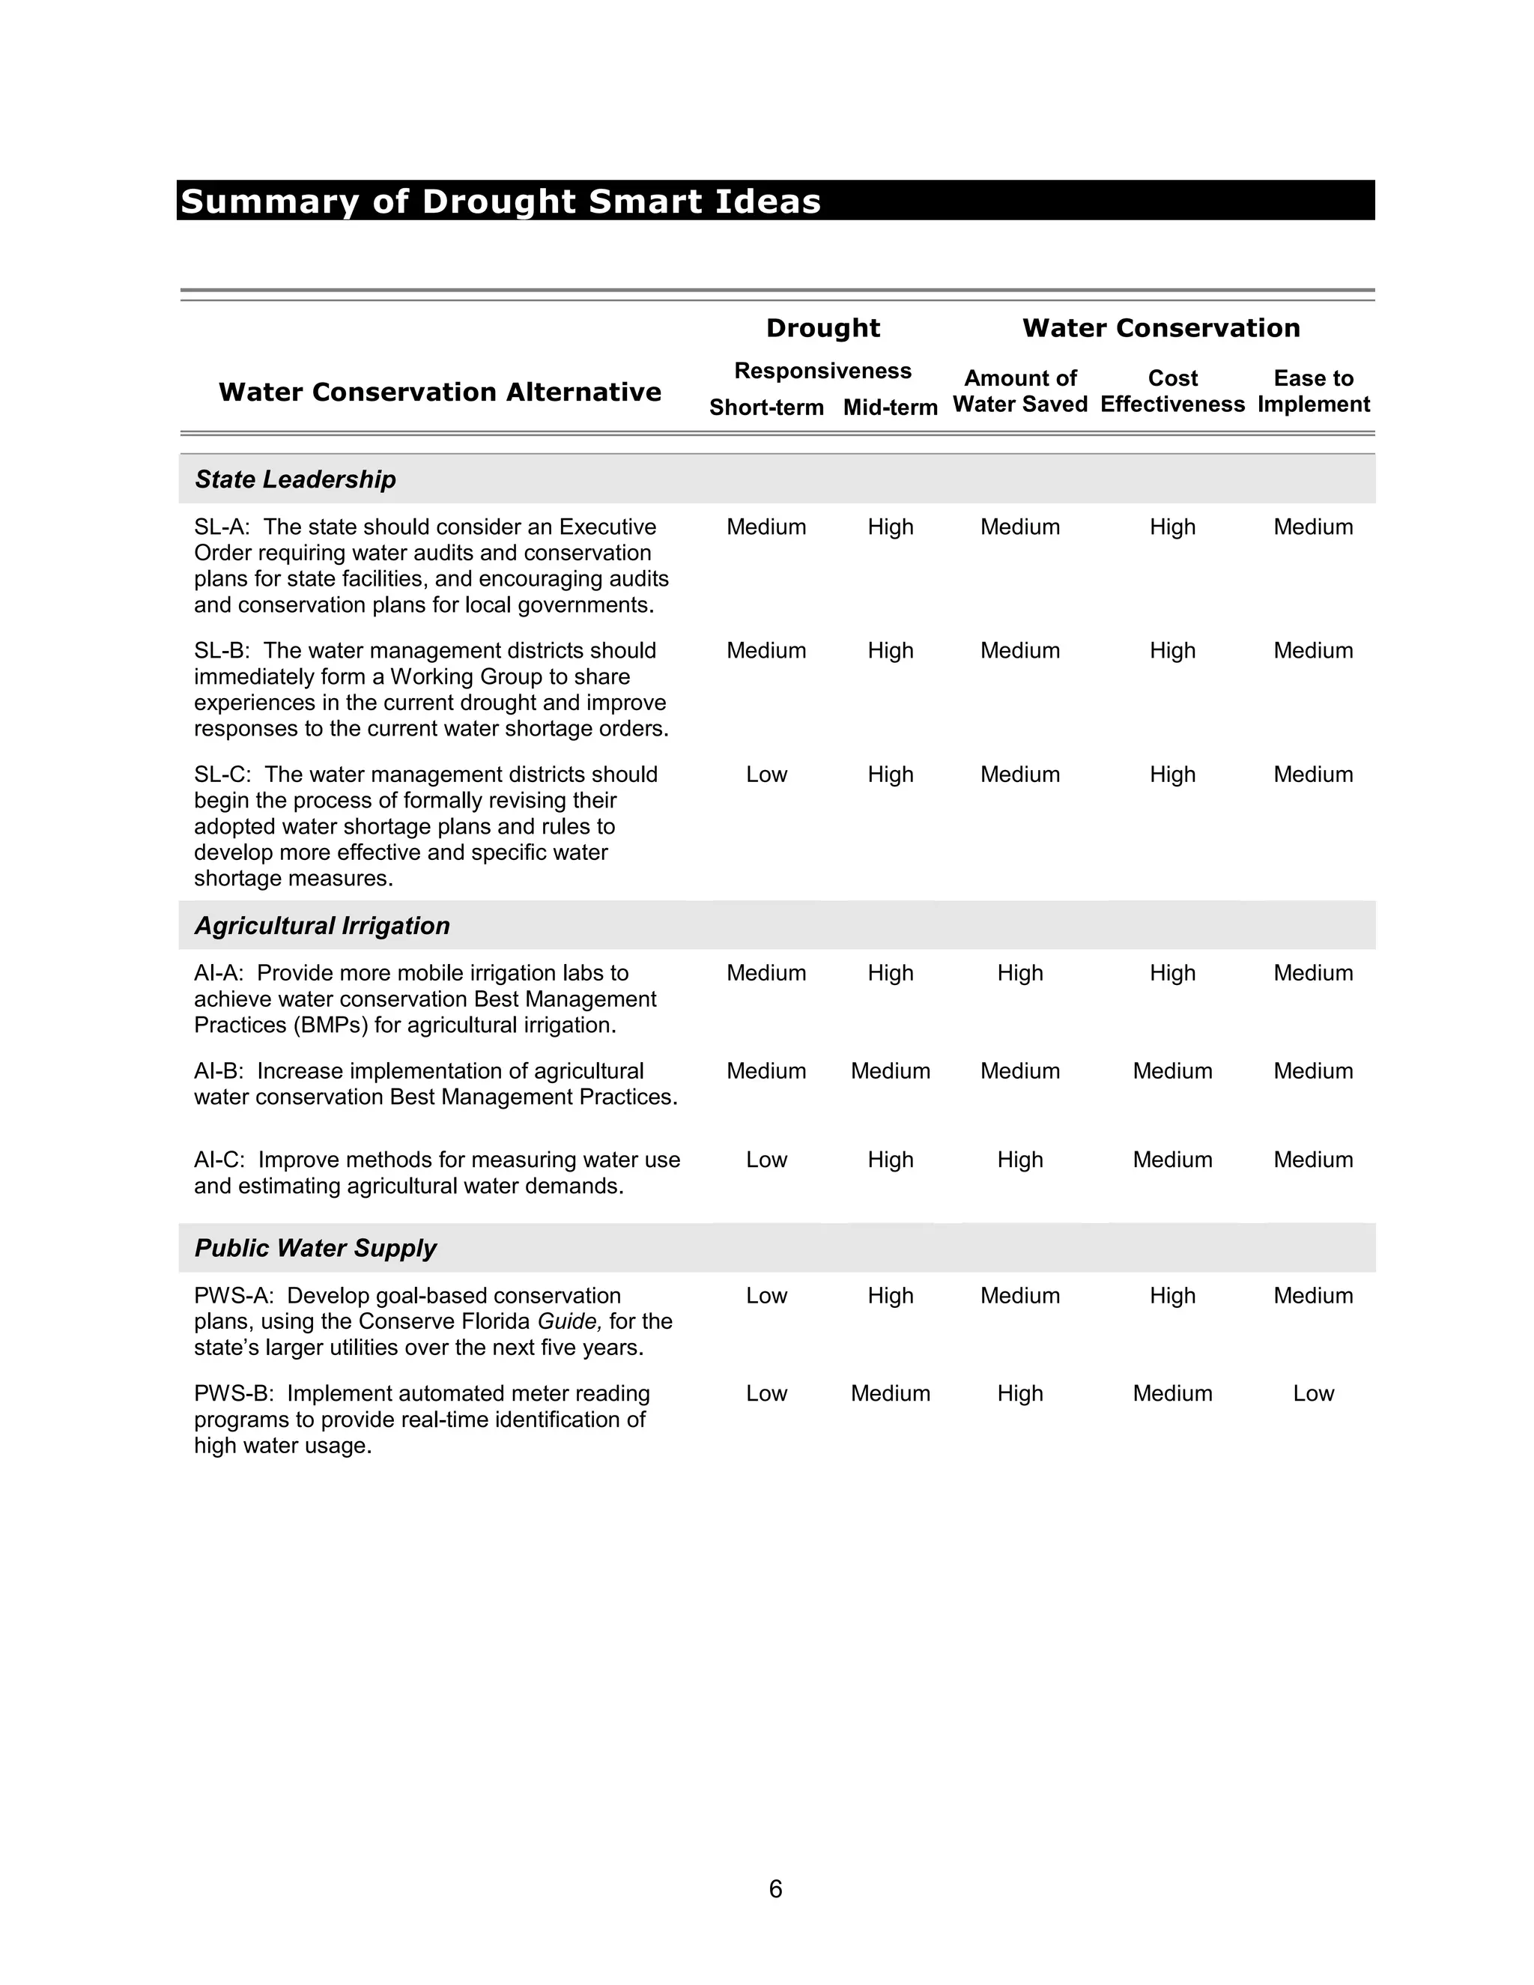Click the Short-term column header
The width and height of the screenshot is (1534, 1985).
(x=766, y=407)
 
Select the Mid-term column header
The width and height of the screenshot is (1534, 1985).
(x=890, y=407)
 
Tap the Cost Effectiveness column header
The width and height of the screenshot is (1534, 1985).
(x=1172, y=391)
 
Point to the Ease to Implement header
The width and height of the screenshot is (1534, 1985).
(x=1313, y=391)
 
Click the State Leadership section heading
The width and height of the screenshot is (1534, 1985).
(x=295, y=479)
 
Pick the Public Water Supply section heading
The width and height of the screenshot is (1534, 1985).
(x=315, y=1248)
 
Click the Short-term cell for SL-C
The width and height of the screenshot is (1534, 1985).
(x=766, y=775)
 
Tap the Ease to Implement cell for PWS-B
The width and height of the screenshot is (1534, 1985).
(x=1313, y=1393)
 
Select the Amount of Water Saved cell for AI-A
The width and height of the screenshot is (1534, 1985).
(x=1019, y=972)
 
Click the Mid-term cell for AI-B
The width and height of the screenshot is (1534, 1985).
(x=890, y=1070)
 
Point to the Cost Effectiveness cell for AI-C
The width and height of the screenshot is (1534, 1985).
(x=1172, y=1160)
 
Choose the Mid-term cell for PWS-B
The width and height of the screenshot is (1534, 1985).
(x=890, y=1393)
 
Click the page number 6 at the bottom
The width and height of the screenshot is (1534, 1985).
(x=775, y=1888)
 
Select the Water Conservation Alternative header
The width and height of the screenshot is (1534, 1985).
(x=440, y=392)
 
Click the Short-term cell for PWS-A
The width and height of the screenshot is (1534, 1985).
(x=766, y=1295)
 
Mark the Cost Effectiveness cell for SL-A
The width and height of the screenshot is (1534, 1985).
(x=1172, y=527)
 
